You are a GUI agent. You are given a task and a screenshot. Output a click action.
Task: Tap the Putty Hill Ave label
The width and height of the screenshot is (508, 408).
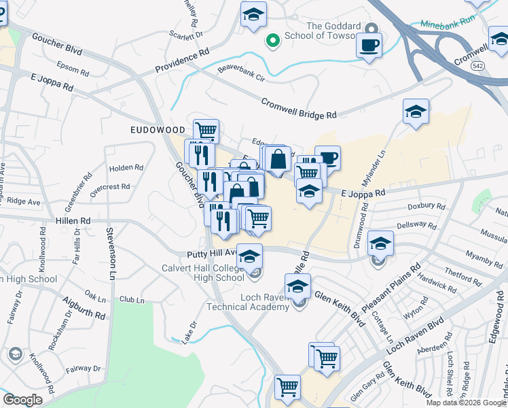tap(211, 253)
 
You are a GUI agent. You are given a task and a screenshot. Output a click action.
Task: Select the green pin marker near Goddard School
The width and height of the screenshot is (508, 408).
tap(273, 41)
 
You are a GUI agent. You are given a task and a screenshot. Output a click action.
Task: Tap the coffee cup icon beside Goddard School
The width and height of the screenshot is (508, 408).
tap(369, 46)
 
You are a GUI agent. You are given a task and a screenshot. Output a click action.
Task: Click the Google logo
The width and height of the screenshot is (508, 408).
tap(22, 400)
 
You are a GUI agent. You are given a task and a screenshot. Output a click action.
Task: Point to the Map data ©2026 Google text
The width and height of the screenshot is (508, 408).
tap(465, 403)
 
